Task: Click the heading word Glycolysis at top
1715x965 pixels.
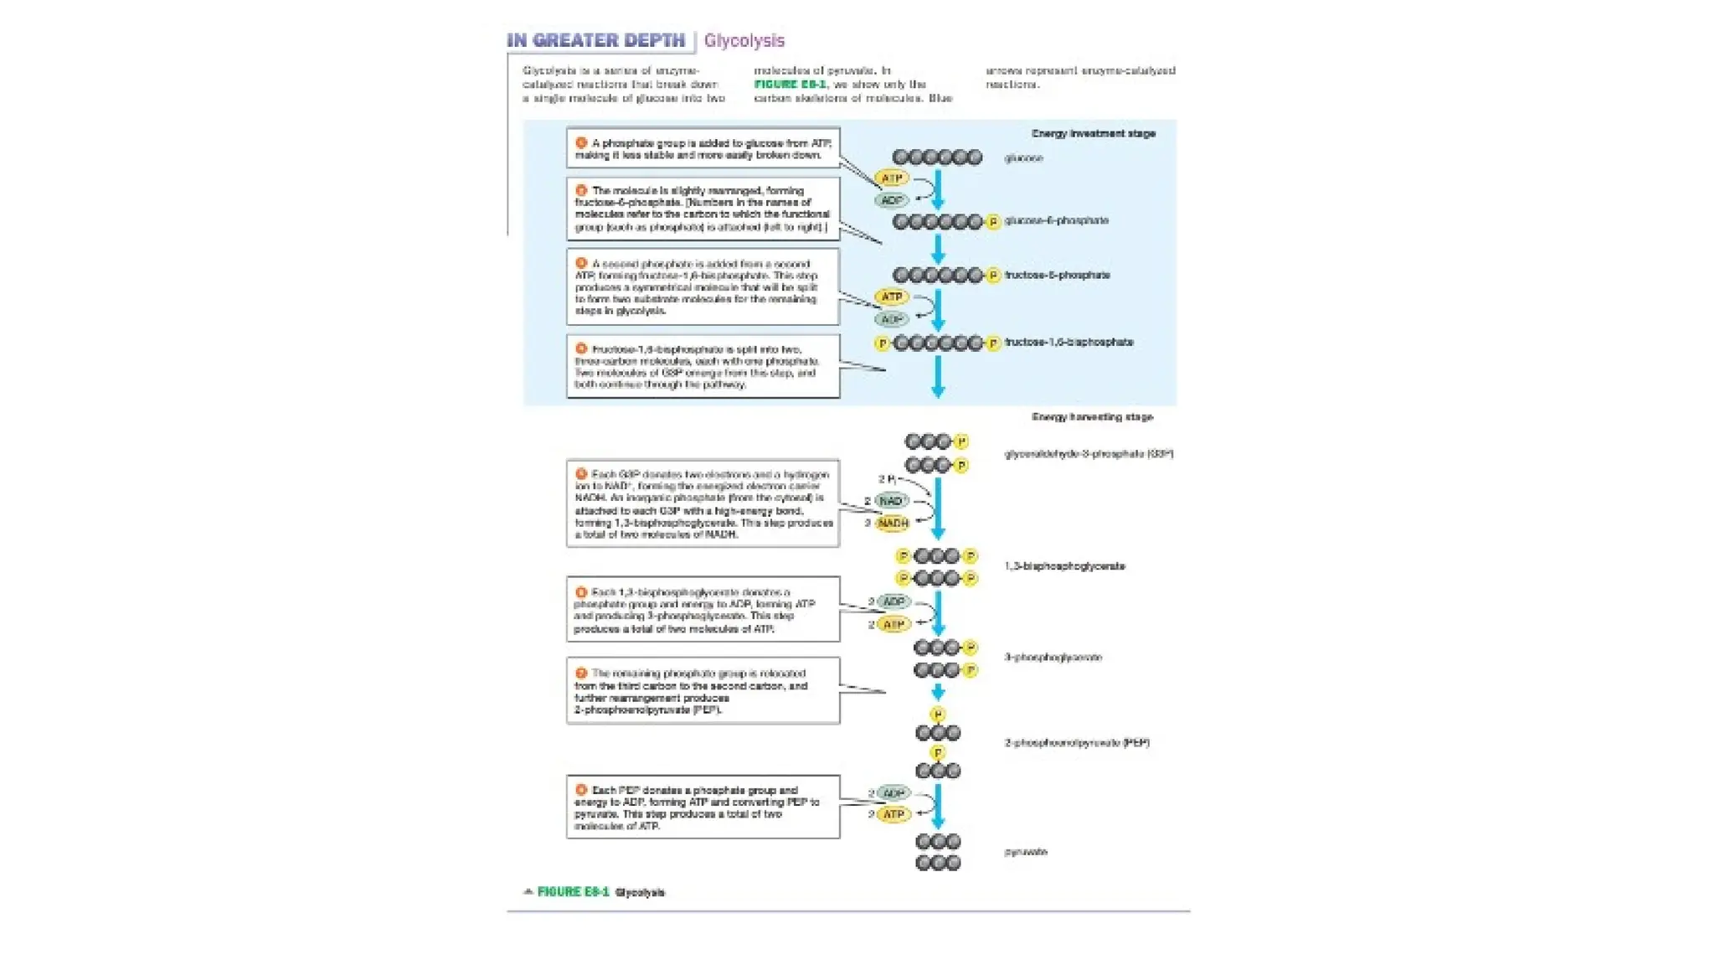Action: coord(744,40)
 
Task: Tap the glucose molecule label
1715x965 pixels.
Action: coord(1023,158)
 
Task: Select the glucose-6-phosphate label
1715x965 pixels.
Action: coord(1056,220)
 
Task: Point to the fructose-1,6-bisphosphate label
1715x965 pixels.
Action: coord(1069,342)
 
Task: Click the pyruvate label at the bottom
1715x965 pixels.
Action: coord(1026,852)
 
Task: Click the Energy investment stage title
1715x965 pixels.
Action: coord(1093,133)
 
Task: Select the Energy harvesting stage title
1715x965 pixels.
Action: coord(1092,416)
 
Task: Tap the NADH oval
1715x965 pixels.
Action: coord(893,523)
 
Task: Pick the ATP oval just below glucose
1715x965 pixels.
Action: coord(891,178)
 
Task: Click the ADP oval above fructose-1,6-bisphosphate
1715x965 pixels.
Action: coord(892,319)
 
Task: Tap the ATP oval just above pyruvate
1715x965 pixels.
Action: coord(894,814)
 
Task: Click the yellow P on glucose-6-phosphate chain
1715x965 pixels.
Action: coord(993,222)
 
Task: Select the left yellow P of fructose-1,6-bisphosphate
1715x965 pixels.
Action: coord(881,343)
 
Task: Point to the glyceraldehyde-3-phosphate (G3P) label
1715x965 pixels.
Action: coord(1088,454)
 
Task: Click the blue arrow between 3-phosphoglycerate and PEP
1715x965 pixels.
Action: coord(938,692)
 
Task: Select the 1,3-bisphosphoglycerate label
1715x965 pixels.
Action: coord(1064,566)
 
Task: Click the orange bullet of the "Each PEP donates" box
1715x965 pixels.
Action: coord(581,790)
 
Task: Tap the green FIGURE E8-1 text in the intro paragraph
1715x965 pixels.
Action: coord(789,85)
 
